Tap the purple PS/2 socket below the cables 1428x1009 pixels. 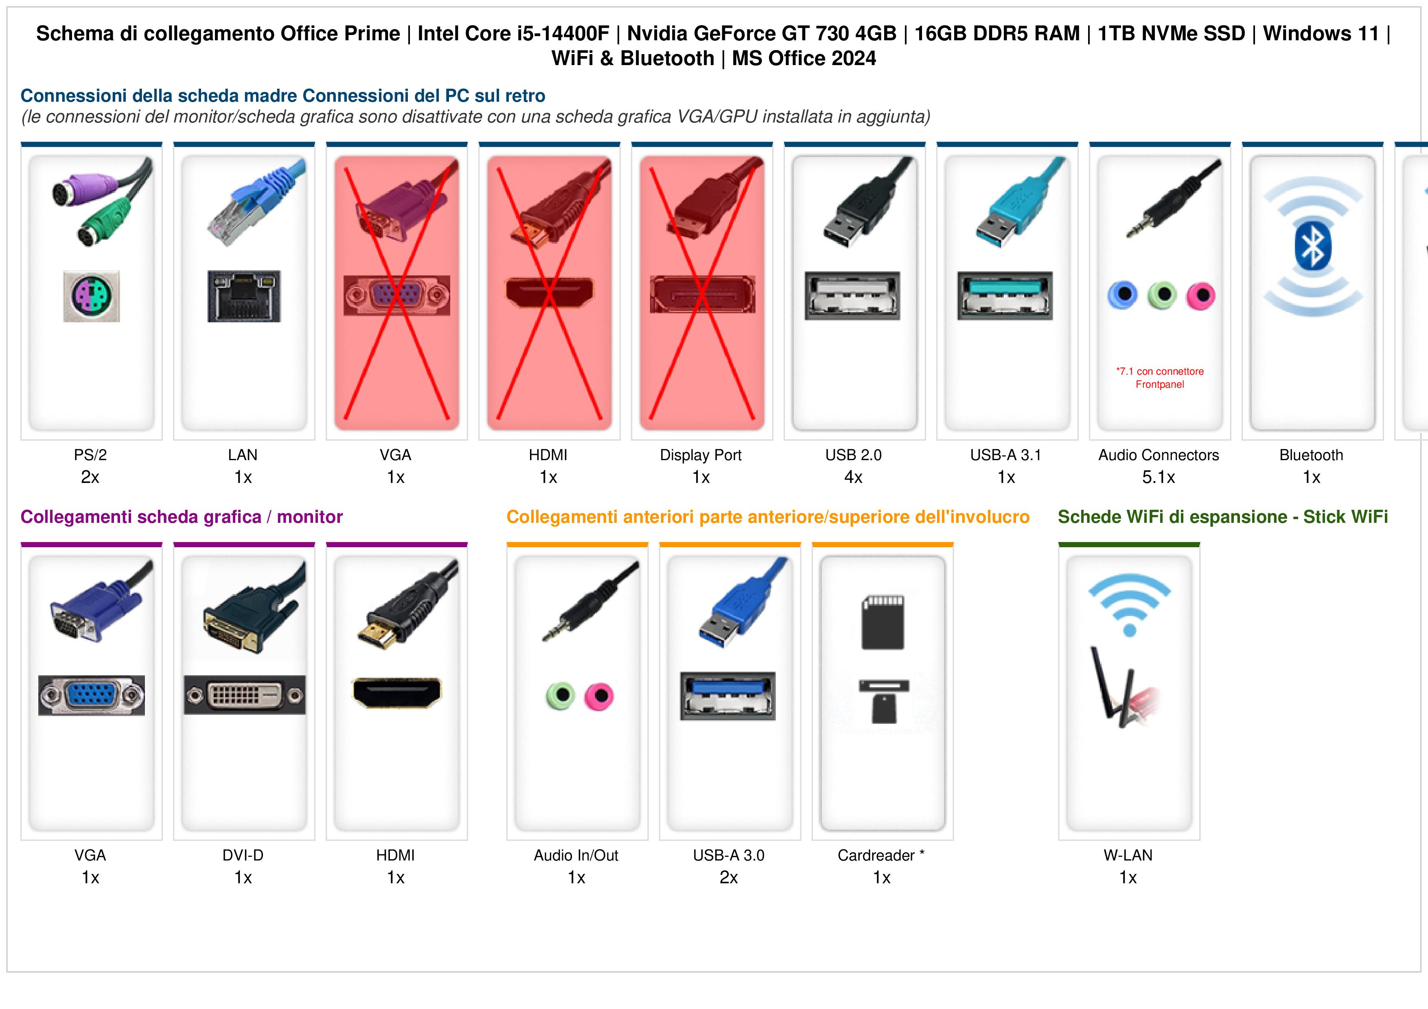pyautogui.click(x=92, y=296)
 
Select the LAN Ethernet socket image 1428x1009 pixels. pyautogui.click(x=244, y=296)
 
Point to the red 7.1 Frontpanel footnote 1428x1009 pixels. pyautogui.click(x=1160, y=378)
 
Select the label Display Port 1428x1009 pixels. pyautogui.click(x=701, y=455)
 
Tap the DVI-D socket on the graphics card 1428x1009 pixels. pyautogui.click(x=244, y=695)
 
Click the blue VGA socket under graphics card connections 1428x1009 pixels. pyautogui.click(x=92, y=695)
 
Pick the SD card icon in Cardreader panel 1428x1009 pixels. pyautogui.click(x=883, y=623)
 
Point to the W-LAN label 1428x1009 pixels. pyautogui.click(x=1128, y=856)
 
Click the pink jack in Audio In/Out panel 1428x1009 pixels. pyautogui.click(x=599, y=696)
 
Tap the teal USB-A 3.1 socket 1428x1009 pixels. pyautogui.click(x=1005, y=295)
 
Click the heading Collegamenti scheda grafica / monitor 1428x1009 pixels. pyautogui.click(x=182, y=517)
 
